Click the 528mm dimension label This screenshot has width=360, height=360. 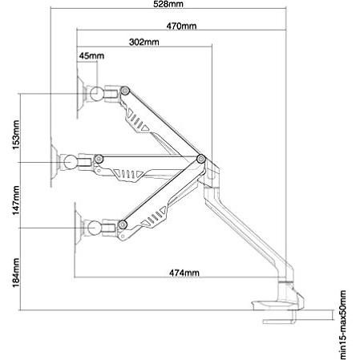[x=168, y=4]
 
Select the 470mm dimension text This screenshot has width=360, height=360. [x=181, y=26]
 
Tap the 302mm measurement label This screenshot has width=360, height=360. [x=144, y=42]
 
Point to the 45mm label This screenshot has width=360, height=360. [x=91, y=56]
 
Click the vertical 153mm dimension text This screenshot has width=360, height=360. [x=16, y=135]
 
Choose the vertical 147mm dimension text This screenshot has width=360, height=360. [x=16, y=200]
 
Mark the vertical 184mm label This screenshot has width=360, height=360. [x=16, y=273]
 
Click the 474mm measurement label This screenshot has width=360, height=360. [x=184, y=273]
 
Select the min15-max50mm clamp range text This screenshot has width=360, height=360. [x=343, y=325]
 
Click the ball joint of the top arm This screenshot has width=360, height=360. [x=96, y=94]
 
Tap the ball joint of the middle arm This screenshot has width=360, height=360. [x=70, y=162]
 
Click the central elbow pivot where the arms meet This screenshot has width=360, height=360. [x=201, y=159]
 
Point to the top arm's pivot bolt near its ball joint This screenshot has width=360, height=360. [x=125, y=91]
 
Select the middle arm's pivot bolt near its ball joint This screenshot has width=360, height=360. [x=99, y=159]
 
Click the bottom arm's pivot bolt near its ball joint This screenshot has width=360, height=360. [x=123, y=224]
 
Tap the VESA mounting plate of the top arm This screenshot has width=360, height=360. [x=80, y=94]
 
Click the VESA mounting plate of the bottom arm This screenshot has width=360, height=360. [x=78, y=228]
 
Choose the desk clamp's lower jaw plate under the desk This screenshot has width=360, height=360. [x=280, y=321]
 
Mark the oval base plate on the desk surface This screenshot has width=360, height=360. [x=275, y=305]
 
